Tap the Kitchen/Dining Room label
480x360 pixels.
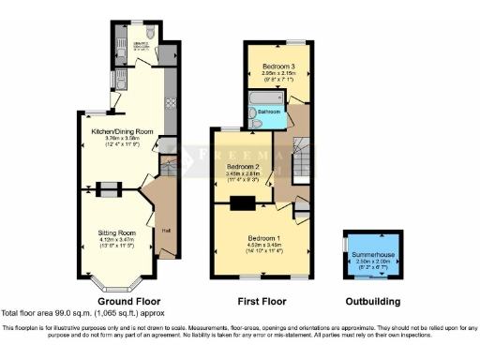pyautogui.click(x=122, y=132)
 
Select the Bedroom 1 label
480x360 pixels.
pyautogui.click(x=260, y=238)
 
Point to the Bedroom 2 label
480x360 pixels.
pyautogui.click(x=242, y=166)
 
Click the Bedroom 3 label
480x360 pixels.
pyautogui.click(x=279, y=67)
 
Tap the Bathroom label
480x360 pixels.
pyautogui.click(x=271, y=111)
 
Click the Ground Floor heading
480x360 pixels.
pyautogui.click(x=124, y=302)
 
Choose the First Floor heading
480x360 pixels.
pyautogui.click(x=262, y=302)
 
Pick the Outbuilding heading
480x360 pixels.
pyautogui.click(x=371, y=302)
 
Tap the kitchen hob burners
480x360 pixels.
pyautogui.click(x=171, y=98)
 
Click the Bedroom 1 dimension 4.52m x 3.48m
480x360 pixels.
pyautogui.click(x=260, y=245)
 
